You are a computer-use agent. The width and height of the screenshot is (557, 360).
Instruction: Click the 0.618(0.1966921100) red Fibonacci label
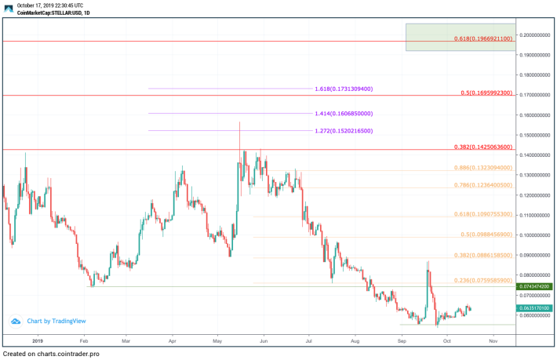click(483, 38)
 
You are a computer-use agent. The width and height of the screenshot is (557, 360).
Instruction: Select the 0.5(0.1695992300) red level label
click(486, 93)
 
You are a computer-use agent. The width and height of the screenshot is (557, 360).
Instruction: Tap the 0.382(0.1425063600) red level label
click(483, 147)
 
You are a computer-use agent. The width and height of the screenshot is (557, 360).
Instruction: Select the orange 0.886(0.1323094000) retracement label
click(483, 168)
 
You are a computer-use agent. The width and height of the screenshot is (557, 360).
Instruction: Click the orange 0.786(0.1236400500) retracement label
click(483, 186)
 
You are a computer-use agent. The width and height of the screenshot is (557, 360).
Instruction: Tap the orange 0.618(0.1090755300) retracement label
click(483, 214)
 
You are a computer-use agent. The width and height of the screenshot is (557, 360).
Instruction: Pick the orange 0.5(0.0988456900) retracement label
click(486, 235)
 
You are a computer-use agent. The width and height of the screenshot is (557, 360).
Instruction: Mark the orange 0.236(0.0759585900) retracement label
click(483, 280)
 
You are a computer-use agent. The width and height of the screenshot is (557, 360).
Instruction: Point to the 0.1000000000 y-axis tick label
click(536, 235)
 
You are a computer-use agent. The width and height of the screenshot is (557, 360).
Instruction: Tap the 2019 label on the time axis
click(38, 341)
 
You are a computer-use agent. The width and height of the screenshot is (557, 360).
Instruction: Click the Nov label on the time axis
click(493, 341)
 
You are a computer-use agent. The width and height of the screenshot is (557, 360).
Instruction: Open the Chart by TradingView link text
click(56, 321)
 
